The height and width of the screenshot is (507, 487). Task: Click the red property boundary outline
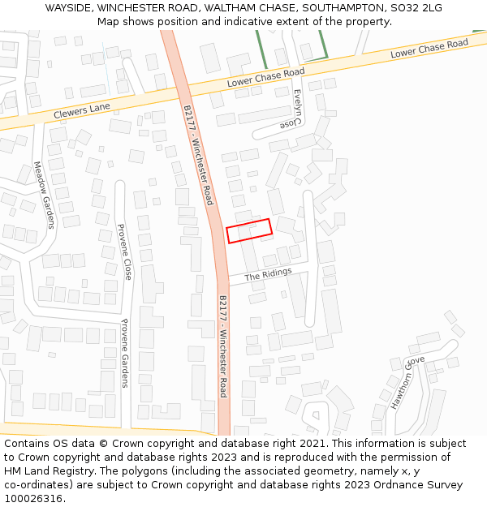point(248,230)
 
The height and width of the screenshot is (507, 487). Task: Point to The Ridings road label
point(268,274)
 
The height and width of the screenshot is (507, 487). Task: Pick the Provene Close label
point(125,252)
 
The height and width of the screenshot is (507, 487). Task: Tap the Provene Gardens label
point(125,353)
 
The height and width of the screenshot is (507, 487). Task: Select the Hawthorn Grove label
point(406,381)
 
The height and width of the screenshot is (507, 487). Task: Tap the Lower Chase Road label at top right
point(429,48)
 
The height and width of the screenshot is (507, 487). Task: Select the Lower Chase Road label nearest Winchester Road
point(265,78)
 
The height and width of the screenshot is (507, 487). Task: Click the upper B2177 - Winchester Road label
point(198,154)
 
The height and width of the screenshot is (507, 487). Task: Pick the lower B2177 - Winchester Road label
point(223,347)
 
